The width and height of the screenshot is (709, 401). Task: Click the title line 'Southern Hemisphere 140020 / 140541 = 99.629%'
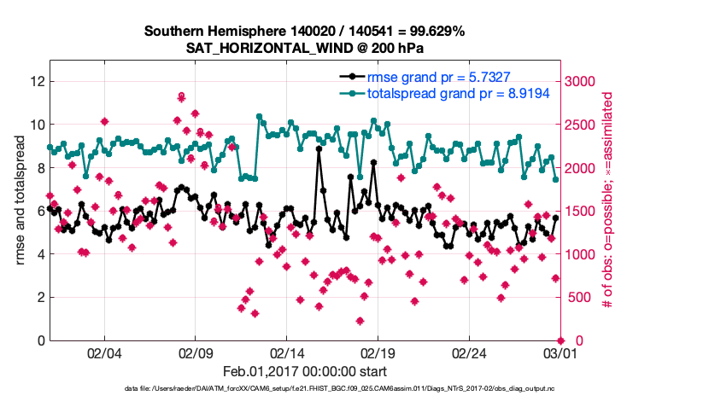304,32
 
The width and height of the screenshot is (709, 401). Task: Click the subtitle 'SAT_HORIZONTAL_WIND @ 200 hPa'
304,49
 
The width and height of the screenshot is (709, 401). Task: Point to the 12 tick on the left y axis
37,81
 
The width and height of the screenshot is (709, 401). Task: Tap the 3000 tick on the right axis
580,81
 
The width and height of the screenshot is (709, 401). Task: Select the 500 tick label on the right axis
577,297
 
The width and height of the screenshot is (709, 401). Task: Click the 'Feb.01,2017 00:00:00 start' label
304,371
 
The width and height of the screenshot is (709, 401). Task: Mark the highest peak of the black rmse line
319,148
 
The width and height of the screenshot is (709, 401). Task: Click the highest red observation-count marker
181,96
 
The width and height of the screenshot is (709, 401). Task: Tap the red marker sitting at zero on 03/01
560,340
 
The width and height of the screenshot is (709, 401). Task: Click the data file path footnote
340,388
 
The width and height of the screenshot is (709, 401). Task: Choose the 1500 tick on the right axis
580,211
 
